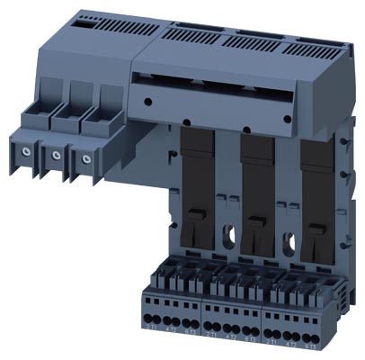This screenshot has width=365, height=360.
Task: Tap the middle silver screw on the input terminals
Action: coord(56,155)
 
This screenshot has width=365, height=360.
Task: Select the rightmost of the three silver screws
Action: coord(86,159)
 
